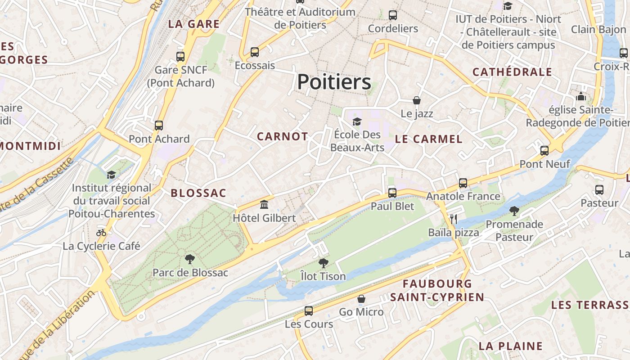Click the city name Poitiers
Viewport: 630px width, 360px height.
[x=334, y=82]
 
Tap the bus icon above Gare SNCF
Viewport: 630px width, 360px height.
[x=180, y=57]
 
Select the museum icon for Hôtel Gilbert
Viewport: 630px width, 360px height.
[x=264, y=205]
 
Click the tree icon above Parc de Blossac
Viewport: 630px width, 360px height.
[x=190, y=259]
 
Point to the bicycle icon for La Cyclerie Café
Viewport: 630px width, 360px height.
[x=101, y=233]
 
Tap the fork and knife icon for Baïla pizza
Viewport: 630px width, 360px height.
[x=453, y=219]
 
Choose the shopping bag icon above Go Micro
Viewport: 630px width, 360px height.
[x=361, y=299]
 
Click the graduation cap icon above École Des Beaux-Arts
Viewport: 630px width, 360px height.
[x=357, y=121]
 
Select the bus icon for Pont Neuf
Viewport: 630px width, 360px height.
[x=544, y=151]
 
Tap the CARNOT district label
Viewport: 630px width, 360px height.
[x=282, y=137]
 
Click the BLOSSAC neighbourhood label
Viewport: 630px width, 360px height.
[x=198, y=193]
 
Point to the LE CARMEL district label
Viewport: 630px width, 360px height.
[x=428, y=139]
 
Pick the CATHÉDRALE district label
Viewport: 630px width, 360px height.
[x=512, y=72]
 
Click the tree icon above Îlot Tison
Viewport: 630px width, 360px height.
[x=323, y=263]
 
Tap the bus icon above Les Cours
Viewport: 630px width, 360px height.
[x=309, y=310]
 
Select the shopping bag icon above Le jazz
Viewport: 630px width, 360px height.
[x=417, y=100]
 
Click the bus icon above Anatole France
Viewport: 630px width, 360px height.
[x=463, y=183]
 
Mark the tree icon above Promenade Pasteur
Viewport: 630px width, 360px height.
[x=514, y=211]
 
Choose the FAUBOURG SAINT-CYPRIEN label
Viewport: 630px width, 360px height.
[x=437, y=290]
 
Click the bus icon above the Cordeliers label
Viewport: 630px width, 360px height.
[x=393, y=15]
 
